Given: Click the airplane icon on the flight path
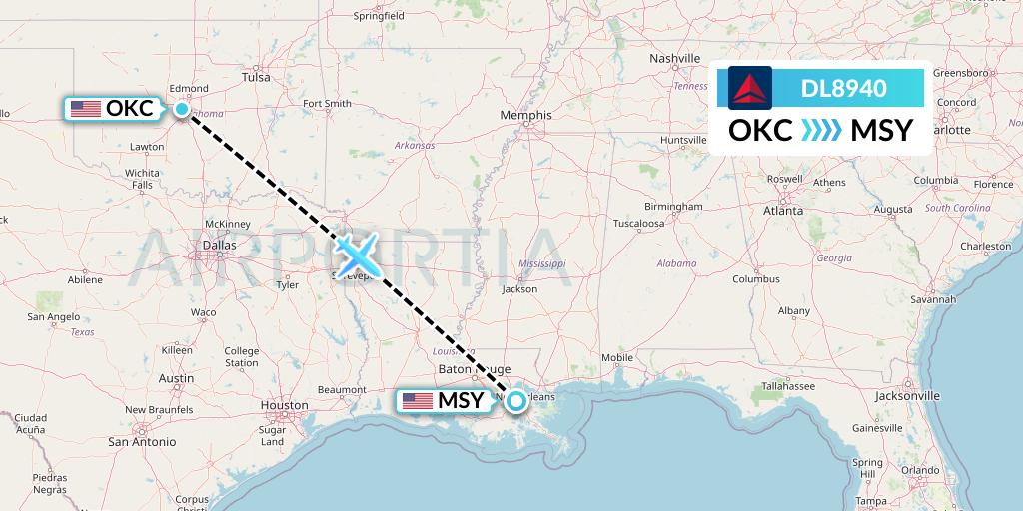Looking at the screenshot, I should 356,256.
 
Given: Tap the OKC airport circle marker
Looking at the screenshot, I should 182,109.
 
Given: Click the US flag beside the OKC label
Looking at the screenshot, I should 86,109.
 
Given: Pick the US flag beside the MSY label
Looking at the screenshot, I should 417,401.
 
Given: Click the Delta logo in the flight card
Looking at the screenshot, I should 750,88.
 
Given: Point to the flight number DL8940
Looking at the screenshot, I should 844,88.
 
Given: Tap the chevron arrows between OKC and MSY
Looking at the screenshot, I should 822,131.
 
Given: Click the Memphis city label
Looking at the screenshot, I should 525,116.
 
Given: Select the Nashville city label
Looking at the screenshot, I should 676,59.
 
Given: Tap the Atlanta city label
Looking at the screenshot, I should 783,211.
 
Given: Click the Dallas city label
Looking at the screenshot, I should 219,244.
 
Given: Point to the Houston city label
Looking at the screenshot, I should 284,405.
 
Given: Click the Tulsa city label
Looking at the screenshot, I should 257,77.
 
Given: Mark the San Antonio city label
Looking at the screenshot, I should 142,441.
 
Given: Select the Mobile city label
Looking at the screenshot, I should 617,357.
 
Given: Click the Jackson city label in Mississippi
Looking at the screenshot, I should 519,289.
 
